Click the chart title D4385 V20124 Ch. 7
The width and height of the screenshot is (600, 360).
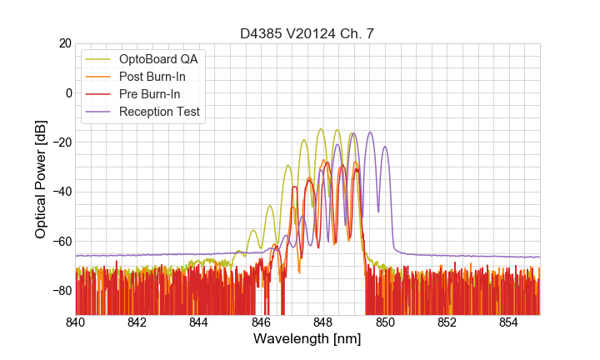[307, 34]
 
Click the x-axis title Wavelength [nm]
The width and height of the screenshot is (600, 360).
[307, 340]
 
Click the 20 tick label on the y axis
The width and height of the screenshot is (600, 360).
[64, 43]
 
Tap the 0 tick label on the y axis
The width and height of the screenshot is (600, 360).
[67, 92]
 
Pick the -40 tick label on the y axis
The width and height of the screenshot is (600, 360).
[61, 192]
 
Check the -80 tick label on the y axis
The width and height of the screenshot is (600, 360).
[61, 291]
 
